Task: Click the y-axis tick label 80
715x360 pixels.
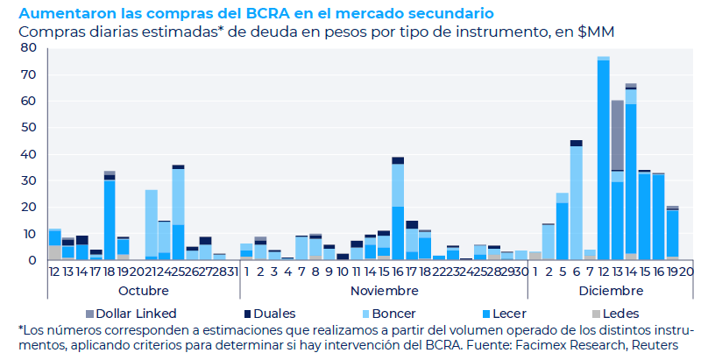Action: point(28,47)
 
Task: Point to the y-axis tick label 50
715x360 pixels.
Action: point(28,128)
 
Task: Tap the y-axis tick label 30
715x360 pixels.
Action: point(28,180)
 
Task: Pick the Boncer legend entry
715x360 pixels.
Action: point(390,313)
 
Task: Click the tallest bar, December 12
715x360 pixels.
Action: point(604,158)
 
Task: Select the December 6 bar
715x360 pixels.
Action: point(576,201)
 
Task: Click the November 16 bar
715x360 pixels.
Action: point(398,210)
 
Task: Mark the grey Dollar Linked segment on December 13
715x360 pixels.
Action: point(618,135)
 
